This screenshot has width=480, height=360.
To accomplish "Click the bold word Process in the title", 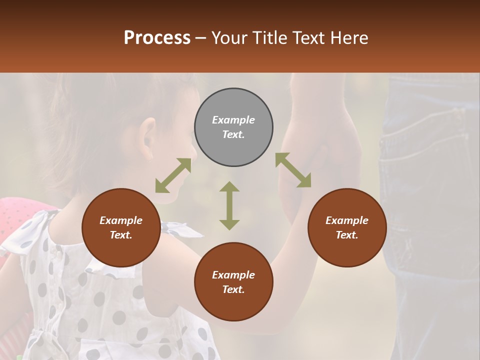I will pyautogui.click(x=157, y=38).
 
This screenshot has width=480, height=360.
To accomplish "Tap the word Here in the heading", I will pyautogui.click(x=348, y=38).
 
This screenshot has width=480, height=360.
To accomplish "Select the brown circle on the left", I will pyautogui.click(x=121, y=250).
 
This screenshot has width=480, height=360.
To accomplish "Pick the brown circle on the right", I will pyautogui.click(x=347, y=250).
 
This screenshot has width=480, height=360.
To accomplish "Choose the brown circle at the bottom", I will pyautogui.click(x=233, y=305).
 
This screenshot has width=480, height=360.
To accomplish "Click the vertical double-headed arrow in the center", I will pyautogui.click(x=229, y=205).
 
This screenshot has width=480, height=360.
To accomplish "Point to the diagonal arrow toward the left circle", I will pyautogui.click(x=173, y=175).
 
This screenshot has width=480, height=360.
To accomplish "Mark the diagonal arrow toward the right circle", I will pyautogui.click(x=293, y=170).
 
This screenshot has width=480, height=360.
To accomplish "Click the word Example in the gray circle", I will pyautogui.click(x=233, y=120).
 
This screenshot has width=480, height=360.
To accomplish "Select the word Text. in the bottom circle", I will pyautogui.click(x=233, y=289).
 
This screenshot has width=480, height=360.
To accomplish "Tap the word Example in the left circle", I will pyautogui.click(x=121, y=220).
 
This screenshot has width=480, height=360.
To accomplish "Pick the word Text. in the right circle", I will pyautogui.click(x=347, y=235).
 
